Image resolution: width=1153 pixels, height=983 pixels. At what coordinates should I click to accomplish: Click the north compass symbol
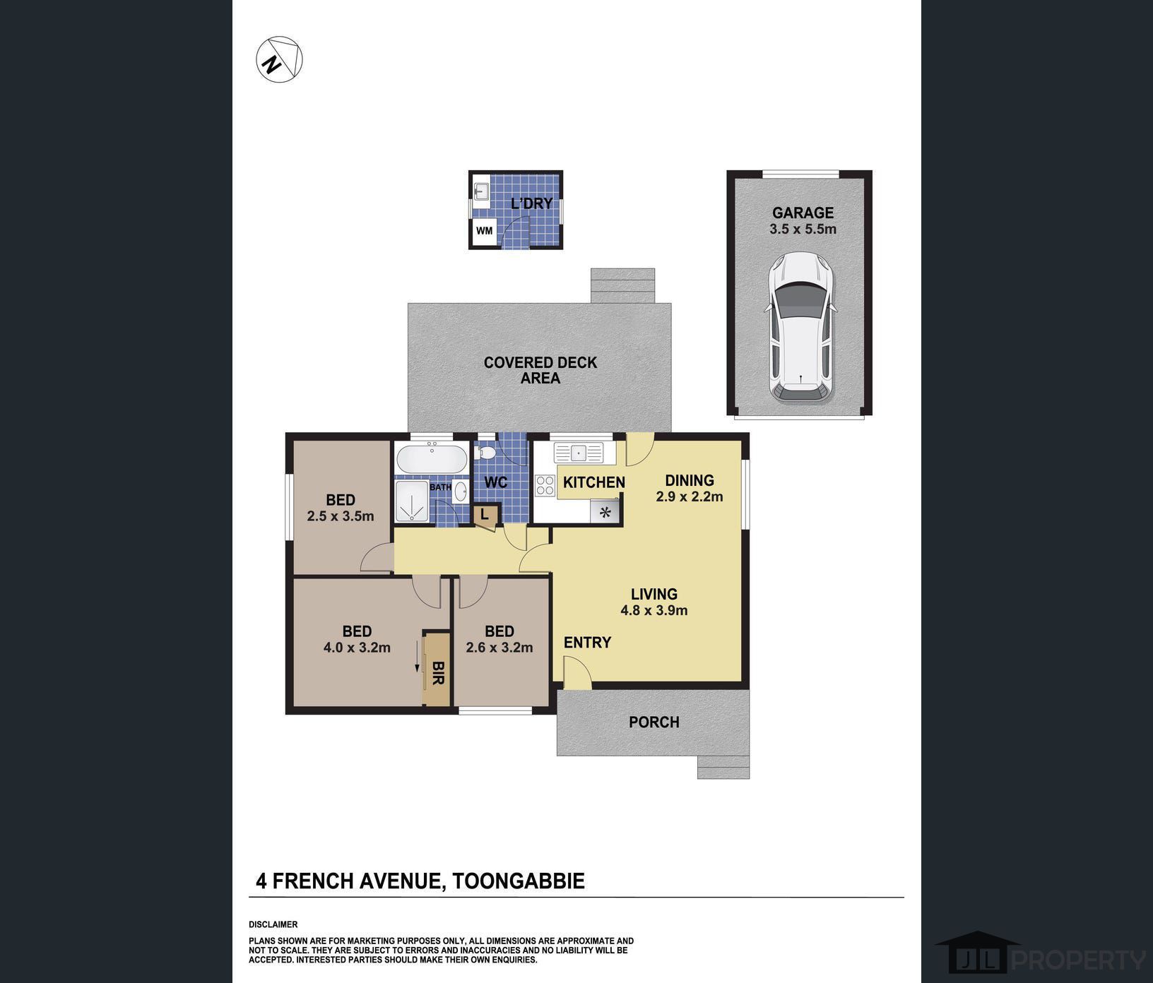[279, 59]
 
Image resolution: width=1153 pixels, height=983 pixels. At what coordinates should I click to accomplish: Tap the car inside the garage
[801, 328]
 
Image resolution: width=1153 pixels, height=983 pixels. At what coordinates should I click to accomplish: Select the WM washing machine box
[484, 231]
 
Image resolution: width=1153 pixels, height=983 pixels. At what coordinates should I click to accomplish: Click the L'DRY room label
[531, 204]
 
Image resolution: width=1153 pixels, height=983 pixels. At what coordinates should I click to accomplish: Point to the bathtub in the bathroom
[431, 460]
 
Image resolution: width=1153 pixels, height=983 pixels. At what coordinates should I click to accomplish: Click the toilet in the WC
[486, 452]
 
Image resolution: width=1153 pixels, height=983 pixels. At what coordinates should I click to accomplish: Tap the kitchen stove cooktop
[545, 485]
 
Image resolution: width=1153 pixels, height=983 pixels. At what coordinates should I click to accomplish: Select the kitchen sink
[578, 452]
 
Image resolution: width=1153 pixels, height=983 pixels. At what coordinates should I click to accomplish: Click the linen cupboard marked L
[485, 514]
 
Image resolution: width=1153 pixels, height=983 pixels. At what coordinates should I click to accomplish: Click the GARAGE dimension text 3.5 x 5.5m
[803, 229]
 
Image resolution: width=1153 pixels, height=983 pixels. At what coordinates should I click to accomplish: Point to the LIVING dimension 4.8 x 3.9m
[654, 610]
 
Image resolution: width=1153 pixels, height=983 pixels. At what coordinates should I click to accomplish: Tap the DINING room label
[690, 480]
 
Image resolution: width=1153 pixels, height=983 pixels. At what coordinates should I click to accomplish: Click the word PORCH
[654, 722]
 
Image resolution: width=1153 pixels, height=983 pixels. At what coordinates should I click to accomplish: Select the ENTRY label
[587, 642]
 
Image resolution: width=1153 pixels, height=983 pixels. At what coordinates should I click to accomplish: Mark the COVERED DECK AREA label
[540, 370]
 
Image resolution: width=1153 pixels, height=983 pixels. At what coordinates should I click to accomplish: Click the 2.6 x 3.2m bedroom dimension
[499, 647]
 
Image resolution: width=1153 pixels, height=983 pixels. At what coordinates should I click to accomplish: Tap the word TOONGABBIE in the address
[519, 881]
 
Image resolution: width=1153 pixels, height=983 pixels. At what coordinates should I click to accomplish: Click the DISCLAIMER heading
[273, 924]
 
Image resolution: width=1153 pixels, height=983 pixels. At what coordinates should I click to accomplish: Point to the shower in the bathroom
[413, 502]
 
